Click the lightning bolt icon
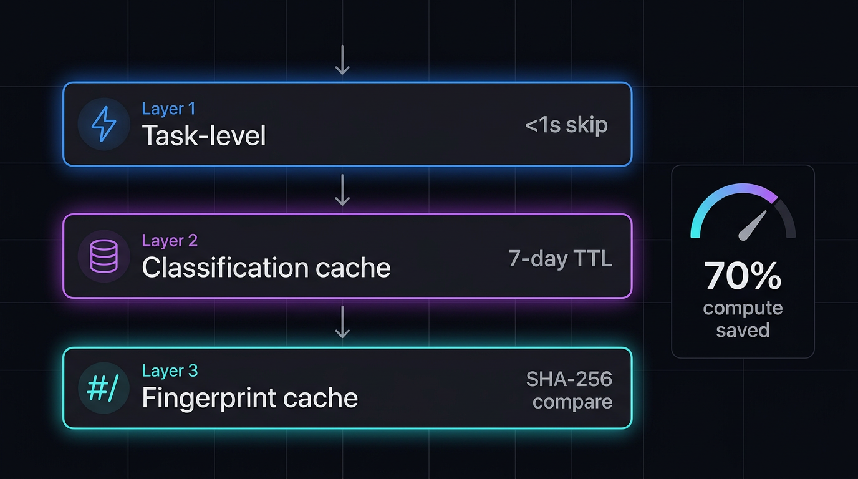tap(104, 124)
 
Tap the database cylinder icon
tap(104, 256)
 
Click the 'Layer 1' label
tap(168, 109)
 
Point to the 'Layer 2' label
tap(170, 240)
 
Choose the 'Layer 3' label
tap(170, 370)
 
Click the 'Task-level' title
tap(204, 135)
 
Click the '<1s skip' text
tap(566, 125)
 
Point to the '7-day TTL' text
tap(560, 258)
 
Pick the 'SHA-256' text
tap(569, 379)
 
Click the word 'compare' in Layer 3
tap(572, 401)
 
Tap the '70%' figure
tap(743, 276)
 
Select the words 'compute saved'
tap(743, 319)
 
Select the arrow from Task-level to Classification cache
tap(342, 190)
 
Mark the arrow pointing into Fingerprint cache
tap(342, 322)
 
